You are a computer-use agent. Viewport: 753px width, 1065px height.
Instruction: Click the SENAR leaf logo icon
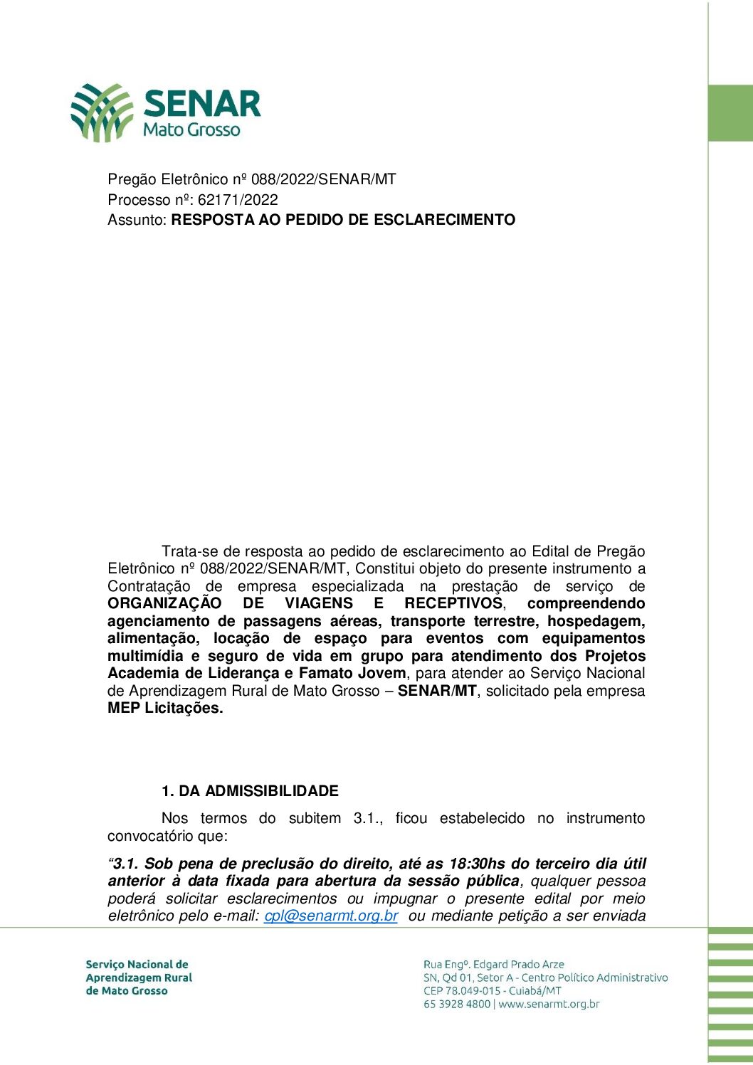pos(102,112)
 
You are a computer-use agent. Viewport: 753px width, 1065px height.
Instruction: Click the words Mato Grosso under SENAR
pos(191,130)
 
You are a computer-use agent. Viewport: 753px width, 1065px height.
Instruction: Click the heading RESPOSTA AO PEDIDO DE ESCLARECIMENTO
pos(343,220)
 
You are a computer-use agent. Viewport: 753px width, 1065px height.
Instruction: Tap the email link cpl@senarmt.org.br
pos(331,916)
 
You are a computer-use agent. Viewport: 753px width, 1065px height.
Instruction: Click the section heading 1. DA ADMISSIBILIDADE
pos(250,791)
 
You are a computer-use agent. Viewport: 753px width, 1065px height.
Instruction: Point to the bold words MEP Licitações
pos(165,709)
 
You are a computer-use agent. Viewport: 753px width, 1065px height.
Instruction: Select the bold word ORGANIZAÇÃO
pos(164,604)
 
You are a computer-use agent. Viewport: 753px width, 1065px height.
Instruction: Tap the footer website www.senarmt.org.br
pos(549,1005)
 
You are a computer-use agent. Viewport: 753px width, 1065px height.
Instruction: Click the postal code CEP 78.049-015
pos(462,991)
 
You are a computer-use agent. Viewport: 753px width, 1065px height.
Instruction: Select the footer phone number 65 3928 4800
pos(456,1005)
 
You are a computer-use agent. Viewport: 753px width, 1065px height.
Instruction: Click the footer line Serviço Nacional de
pos(137,965)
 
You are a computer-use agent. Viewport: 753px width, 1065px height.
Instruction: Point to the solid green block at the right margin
pos(730,113)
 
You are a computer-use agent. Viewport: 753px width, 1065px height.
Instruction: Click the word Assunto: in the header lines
pos(137,220)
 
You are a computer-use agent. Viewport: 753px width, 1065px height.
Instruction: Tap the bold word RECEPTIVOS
pos(453,604)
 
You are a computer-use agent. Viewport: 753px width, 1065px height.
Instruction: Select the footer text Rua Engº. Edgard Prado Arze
pos(493,965)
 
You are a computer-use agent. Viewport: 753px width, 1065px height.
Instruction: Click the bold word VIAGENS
pos(319,604)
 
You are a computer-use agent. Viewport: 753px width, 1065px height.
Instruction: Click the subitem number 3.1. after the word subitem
pos(368,819)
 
